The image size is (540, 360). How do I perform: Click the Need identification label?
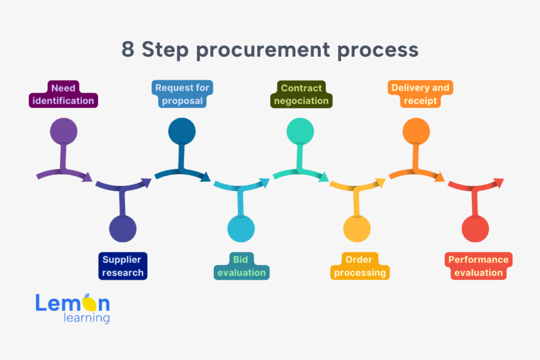[63, 94]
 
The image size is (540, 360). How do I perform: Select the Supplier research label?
[122, 266]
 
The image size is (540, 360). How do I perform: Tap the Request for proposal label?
[182, 94]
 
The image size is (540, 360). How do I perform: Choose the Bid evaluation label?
[241, 266]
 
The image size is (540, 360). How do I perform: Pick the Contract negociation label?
[301, 94]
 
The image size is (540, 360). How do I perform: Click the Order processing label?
[359, 266]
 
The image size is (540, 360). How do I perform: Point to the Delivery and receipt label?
[420, 94]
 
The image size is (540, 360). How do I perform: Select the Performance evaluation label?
[478, 266]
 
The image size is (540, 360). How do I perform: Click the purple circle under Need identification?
[63, 132]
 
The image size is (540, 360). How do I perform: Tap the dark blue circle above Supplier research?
[122, 228]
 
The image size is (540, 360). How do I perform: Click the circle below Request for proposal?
[182, 132]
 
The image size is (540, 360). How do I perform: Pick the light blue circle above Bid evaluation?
[241, 228]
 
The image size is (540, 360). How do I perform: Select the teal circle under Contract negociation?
[300, 132]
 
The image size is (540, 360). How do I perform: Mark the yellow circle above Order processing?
[357, 228]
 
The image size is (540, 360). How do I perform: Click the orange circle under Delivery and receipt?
[417, 132]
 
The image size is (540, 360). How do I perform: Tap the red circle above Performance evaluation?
[475, 228]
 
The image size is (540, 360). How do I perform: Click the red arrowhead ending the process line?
[499, 182]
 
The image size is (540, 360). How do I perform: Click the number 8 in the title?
[128, 50]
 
